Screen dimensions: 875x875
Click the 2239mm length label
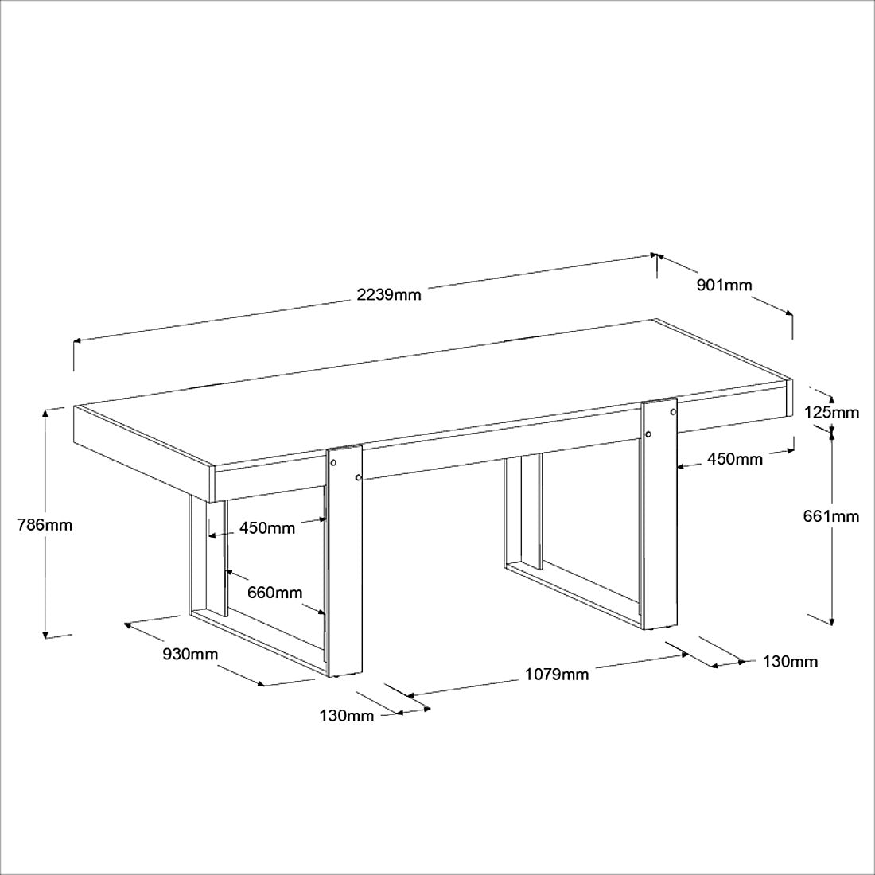tap(388, 294)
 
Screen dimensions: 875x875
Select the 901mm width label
tap(724, 285)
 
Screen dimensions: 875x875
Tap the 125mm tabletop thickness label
tap(831, 412)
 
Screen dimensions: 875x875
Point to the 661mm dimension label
tap(831, 516)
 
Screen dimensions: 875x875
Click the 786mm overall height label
tap(45, 525)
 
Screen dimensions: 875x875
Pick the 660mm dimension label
tap(274, 592)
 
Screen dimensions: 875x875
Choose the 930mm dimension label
tap(190, 653)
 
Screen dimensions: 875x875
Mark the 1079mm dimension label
tap(556, 674)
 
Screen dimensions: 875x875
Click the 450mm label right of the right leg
tap(734, 459)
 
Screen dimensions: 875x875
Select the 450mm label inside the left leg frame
tap(267, 528)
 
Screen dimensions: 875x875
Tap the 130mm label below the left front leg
tap(347, 715)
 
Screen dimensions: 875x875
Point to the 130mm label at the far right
tap(790, 662)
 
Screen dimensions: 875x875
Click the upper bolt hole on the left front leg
tap(334, 463)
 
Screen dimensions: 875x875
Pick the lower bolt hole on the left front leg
tap(358, 478)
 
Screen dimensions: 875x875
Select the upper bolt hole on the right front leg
tap(673, 412)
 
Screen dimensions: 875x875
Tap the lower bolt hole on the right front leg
tap(648, 434)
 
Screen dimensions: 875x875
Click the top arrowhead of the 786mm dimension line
tap(45, 412)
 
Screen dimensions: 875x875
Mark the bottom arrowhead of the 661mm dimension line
tap(831, 620)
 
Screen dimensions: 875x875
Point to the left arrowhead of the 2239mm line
tap(78, 340)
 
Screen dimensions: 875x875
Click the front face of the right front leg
tap(659, 513)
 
